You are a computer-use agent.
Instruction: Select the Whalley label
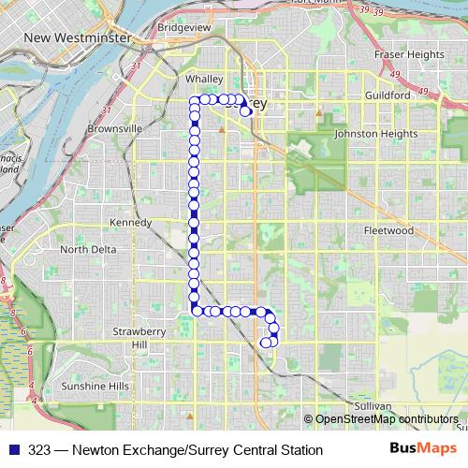click(x=202, y=80)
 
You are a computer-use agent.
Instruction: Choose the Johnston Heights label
click(x=375, y=134)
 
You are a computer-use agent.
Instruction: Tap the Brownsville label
click(x=114, y=128)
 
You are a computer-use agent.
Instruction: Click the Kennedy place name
click(x=130, y=223)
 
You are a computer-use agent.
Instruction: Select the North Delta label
click(x=89, y=250)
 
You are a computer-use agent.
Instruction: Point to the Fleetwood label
click(x=388, y=230)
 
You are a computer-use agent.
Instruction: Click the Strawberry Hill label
click(x=139, y=338)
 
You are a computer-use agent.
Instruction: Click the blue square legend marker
click(x=14, y=450)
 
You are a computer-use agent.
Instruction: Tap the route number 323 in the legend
click(x=39, y=450)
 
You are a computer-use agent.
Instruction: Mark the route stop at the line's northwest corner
click(x=195, y=99)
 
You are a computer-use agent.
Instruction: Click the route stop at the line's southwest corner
click(x=196, y=310)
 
